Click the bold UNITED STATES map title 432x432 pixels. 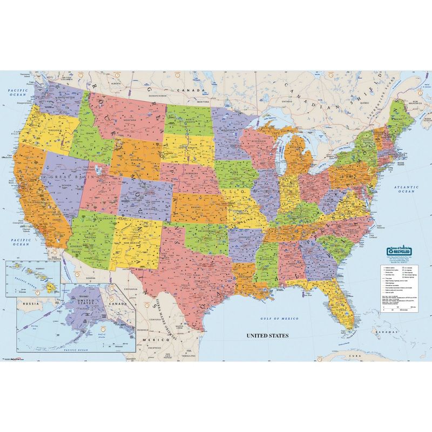point(268,335)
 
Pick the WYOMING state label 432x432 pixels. point(128,160)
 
